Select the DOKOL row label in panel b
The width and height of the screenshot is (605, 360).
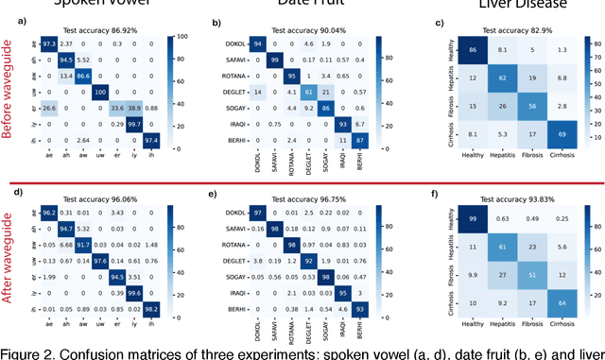[236, 43]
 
